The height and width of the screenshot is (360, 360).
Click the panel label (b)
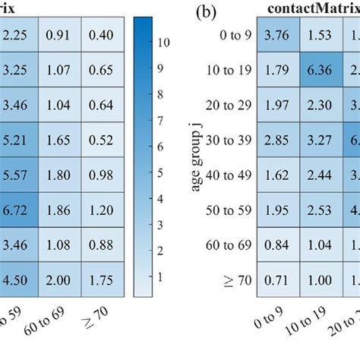[x=207, y=13]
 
